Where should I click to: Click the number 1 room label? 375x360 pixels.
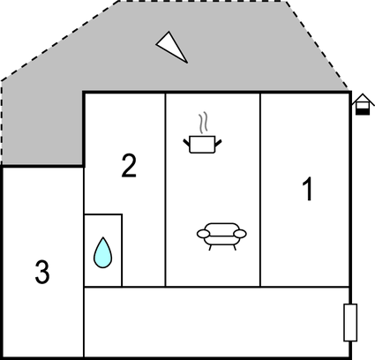point(308,189)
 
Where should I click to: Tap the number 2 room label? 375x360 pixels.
point(129,166)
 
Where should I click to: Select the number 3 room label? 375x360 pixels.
point(42,272)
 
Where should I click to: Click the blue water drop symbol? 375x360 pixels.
point(102,252)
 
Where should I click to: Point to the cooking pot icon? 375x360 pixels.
point(202,144)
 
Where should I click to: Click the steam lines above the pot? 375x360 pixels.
point(203,123)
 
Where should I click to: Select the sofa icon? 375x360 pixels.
point(221,236)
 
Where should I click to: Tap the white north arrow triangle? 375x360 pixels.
point(171,47)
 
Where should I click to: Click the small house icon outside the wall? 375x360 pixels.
point(363,104)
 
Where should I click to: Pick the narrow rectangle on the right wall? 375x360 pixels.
point(350,323)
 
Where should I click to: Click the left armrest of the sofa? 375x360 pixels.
point(203,234)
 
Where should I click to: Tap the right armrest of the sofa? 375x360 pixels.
point(240,234)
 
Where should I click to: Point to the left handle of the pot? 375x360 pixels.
point(187,143)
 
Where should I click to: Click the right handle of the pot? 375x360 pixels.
point(218,143)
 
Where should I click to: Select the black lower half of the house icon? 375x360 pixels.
point(363,111)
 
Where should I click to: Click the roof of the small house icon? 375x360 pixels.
point(363,99)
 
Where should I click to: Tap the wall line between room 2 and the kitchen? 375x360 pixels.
point(165,190)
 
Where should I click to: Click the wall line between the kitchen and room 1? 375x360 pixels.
point(260,190)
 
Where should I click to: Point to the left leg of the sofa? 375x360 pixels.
point(210,247)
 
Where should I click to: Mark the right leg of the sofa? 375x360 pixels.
point(235,247)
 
